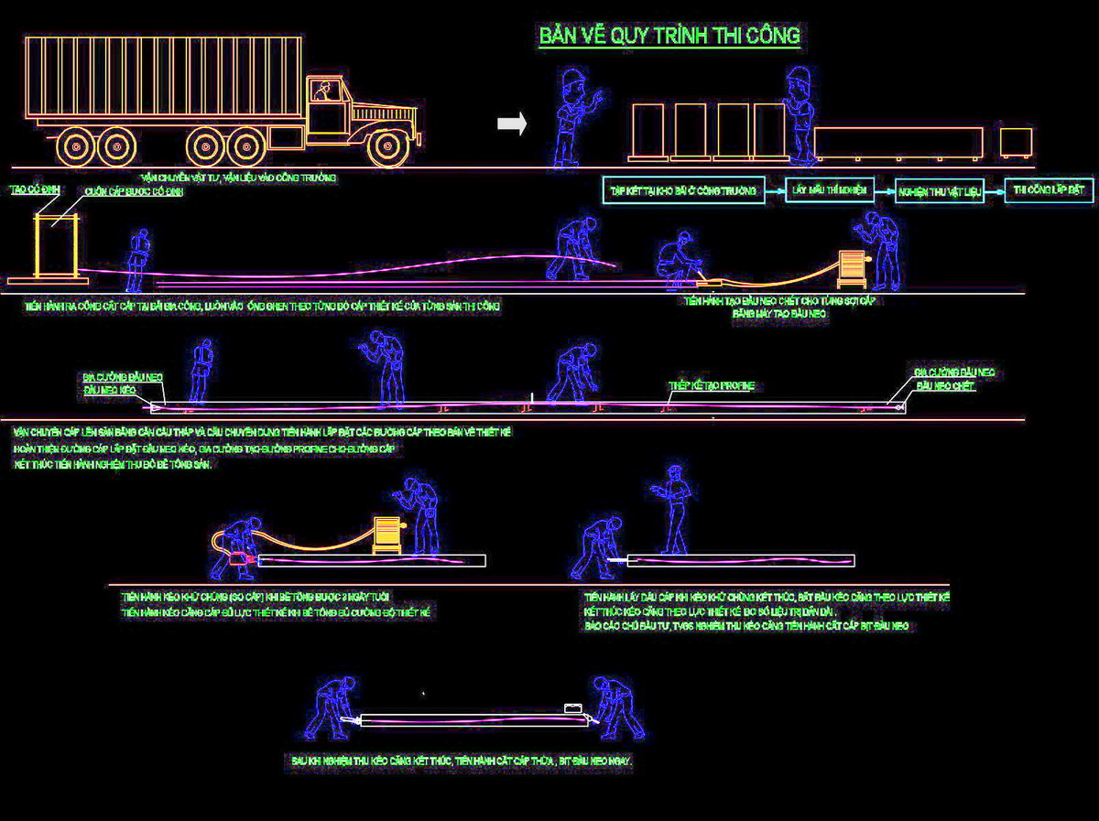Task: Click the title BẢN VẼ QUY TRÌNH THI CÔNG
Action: (x=669, y=36)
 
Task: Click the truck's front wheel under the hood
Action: (x=387, y=146)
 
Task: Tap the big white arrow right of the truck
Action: (x=512, y=124)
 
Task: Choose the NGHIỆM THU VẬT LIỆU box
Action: (x=940, y=191)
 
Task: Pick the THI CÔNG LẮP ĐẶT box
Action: (x=1049, y=190)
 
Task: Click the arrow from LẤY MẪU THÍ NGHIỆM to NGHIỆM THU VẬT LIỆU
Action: (x=884, y=191)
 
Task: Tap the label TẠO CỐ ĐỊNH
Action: (x=28, y=189)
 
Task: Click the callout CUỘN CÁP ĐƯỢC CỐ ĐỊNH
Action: (x=127, y=192)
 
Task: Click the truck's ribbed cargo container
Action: (x=163, y=77)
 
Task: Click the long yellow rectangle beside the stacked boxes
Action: (x=898, y=142)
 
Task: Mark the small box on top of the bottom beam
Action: (x=573, y=708)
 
